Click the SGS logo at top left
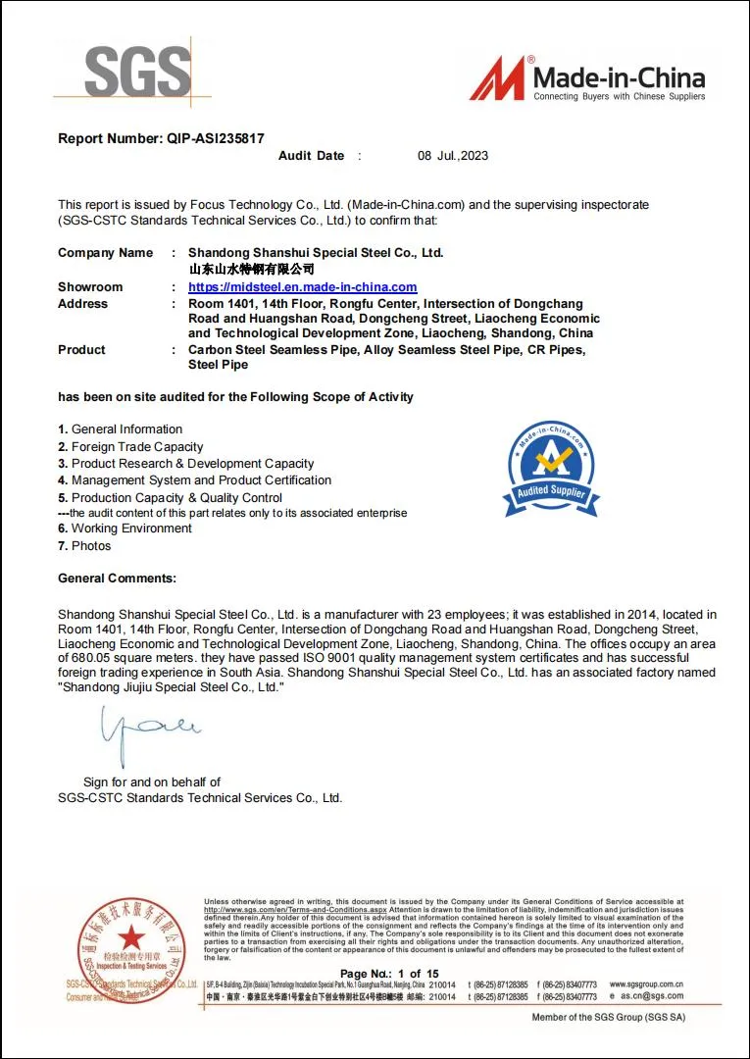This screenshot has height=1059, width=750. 137,72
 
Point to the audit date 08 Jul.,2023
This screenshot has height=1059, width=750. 452,156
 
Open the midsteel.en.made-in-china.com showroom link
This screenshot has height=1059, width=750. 302,287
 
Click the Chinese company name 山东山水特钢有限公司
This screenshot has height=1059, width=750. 251,269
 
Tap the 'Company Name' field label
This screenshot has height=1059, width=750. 105,253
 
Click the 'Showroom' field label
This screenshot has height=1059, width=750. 90,287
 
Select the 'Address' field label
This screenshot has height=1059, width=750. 82,304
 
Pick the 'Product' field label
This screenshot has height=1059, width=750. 81,350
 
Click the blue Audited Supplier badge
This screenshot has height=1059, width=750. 550,470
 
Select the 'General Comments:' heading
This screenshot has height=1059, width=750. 117,579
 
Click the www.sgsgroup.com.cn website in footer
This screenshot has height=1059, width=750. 646,983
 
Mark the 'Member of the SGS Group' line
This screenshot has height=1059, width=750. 608,1017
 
